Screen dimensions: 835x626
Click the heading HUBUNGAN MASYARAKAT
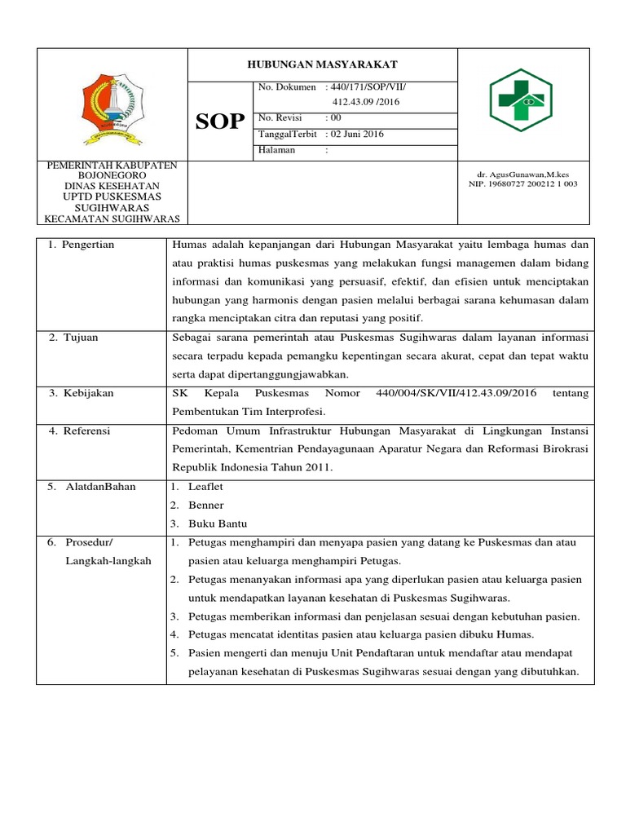322,64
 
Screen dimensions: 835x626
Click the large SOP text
220,121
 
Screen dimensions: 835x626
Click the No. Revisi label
280,117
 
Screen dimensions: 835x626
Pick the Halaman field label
277,151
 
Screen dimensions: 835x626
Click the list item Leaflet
205,487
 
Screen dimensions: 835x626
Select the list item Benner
205,506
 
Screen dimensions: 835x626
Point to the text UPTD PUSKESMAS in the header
112,197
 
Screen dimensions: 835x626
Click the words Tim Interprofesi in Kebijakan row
287,412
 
